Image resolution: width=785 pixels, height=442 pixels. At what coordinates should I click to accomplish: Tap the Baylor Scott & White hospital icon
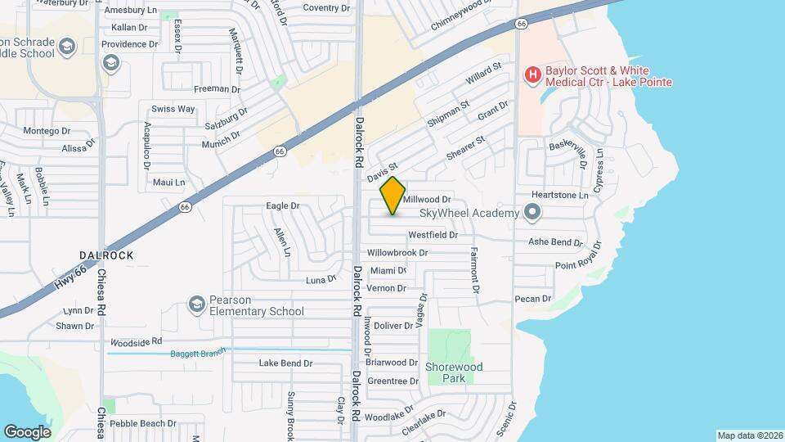532,76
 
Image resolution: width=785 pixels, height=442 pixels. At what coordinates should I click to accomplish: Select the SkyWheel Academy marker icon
533,214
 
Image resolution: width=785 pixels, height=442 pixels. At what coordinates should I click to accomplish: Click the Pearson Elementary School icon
196,304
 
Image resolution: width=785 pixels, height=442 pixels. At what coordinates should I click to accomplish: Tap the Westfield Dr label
433,234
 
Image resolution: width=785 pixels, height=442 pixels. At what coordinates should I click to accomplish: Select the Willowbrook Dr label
397,253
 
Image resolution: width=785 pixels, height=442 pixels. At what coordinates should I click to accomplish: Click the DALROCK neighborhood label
107,255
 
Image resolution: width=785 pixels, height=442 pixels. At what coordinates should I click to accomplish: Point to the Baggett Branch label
196,354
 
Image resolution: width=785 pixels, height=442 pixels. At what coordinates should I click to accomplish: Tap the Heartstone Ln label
560,196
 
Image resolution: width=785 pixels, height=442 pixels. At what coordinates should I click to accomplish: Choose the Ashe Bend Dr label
555,242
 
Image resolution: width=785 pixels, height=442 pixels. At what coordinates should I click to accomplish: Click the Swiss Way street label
173,109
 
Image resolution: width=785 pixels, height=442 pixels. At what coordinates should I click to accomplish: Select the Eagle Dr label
284,206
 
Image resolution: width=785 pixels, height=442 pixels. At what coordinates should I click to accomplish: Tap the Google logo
27,431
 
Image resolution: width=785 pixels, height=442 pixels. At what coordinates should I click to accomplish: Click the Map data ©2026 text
748,435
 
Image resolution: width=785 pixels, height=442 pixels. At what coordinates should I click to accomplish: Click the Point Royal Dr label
577,266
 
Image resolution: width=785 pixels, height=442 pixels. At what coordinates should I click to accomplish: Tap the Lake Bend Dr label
285,363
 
